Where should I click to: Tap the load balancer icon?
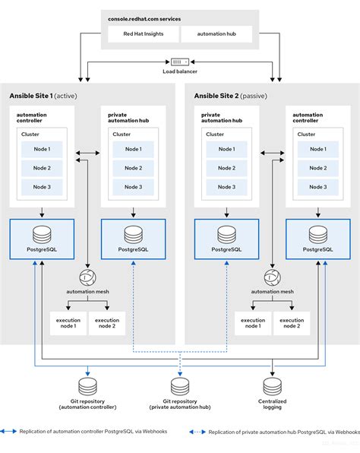click(x=180, y=62)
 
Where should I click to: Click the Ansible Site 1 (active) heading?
click(x=43, y=97)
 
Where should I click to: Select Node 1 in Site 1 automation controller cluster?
click(x=42, y=150)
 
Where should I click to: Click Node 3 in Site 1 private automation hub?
click(x=133, y=186)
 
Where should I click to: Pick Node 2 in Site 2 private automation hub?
click(x=226, y=168)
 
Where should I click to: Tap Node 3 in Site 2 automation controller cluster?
click(x=317, y=186)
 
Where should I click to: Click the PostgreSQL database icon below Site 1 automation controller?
click(x=42, y=233)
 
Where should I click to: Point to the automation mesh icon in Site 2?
click(x=271, y=277)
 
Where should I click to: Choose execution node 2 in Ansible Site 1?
click(x=106, y=324)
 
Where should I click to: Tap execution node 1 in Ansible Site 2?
click(x=252, y=324)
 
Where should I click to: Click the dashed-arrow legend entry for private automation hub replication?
click(x=273, y=432)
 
